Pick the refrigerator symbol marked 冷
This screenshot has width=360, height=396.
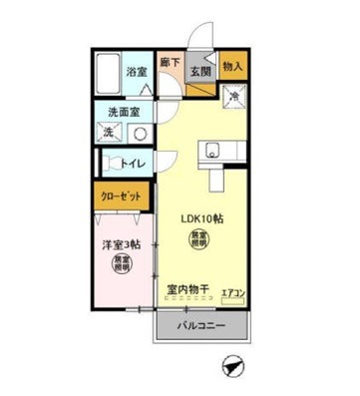point(231,97)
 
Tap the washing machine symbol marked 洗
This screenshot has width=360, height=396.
point(109,133)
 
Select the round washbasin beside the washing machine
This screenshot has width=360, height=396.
point(140,133)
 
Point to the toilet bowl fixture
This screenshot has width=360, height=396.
point(107,163)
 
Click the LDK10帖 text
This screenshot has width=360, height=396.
point(200,218)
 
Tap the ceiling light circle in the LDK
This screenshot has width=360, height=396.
point(200,240)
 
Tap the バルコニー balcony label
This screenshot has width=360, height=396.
point(202,326)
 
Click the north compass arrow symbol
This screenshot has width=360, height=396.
point(233,367)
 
